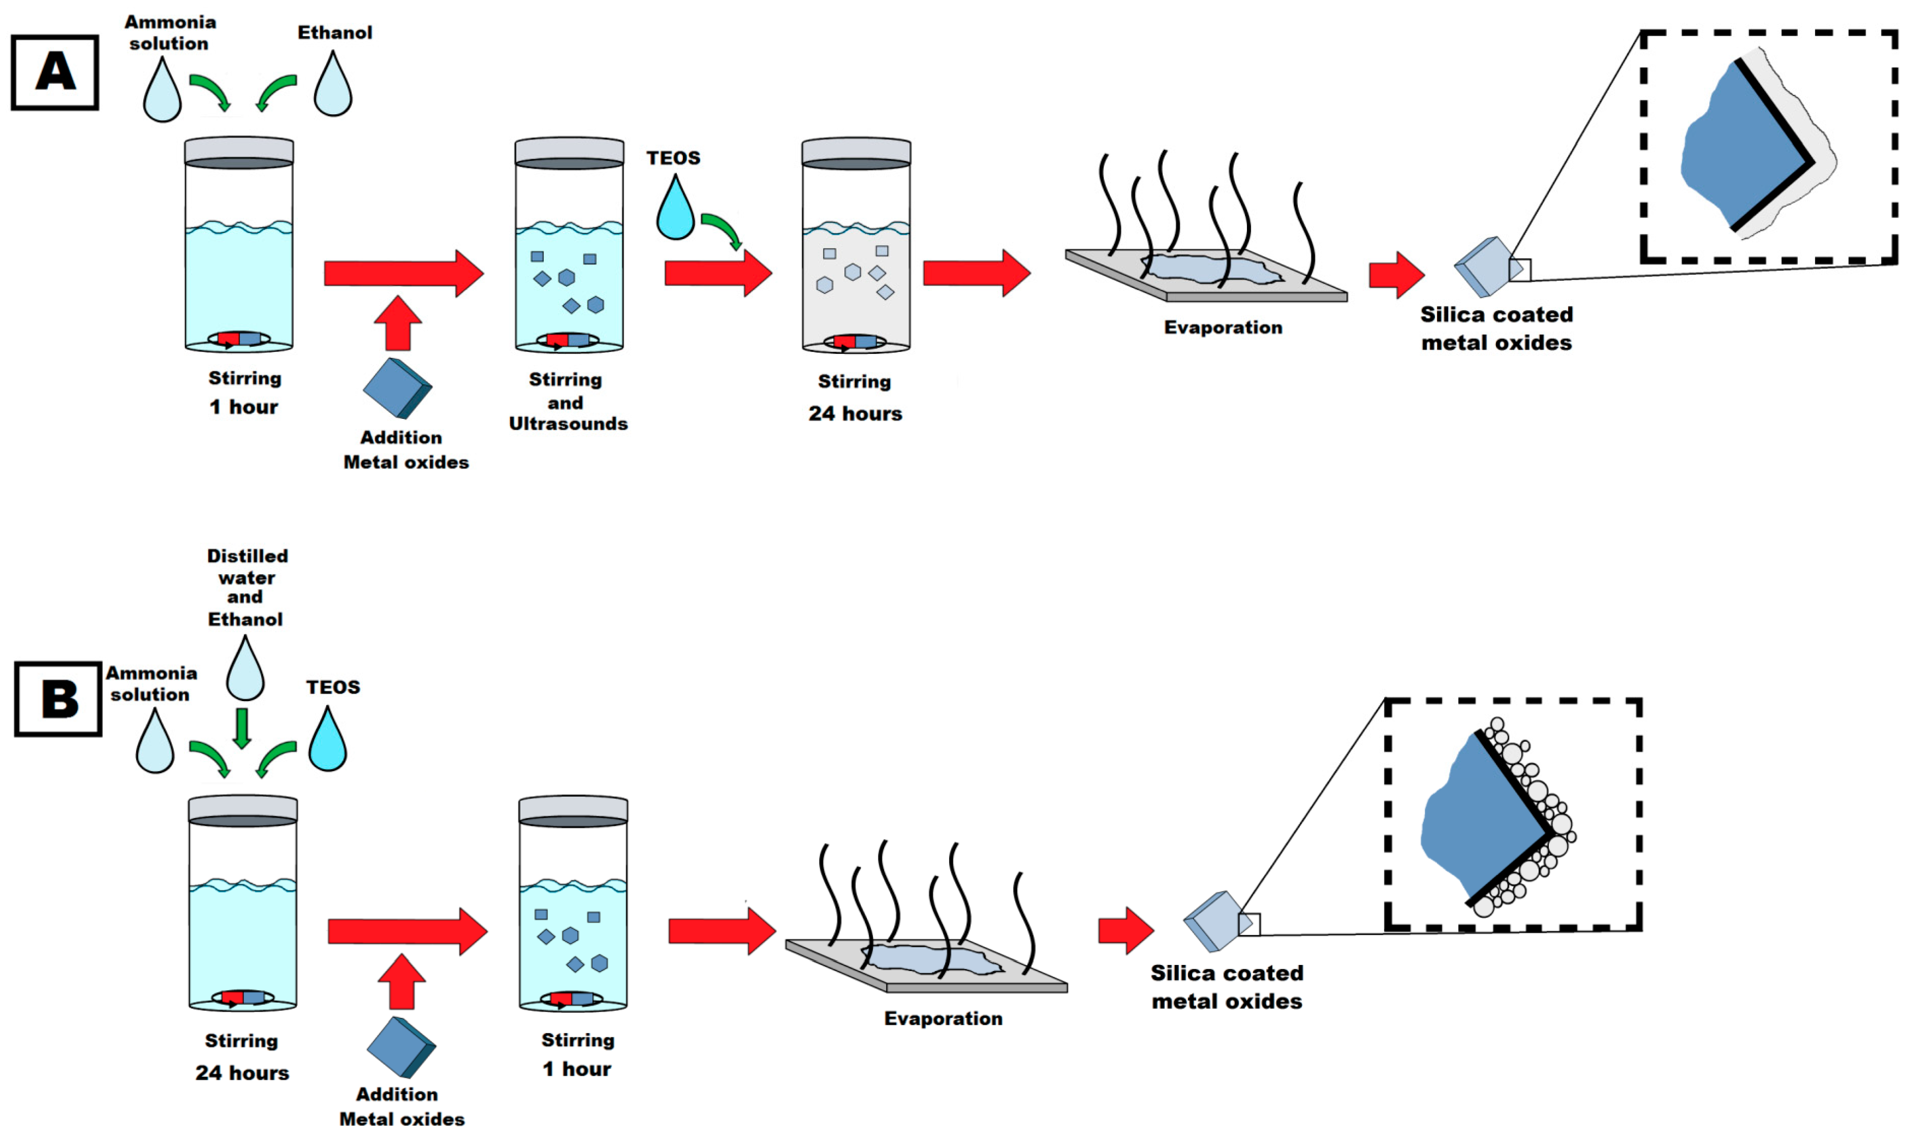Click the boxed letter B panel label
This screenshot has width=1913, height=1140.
59,699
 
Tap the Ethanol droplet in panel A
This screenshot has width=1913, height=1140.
333,88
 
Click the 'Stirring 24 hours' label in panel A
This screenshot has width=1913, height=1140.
855,398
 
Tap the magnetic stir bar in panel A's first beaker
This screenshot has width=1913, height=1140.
239,339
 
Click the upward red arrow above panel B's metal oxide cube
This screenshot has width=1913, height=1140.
401,982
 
